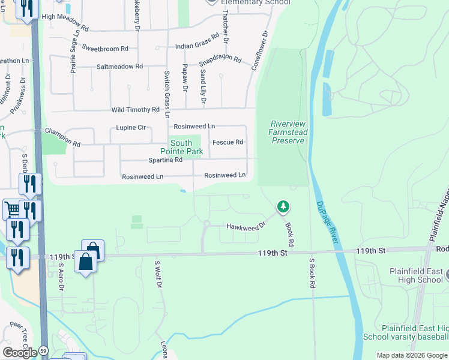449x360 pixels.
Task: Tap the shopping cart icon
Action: pos(11,209)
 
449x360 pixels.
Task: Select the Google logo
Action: pos(20,352)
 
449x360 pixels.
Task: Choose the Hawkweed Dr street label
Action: pos(246,226)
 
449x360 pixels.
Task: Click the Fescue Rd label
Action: pos(228,142)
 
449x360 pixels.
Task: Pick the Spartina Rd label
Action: pos(165,160)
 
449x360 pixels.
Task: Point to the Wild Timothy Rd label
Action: pos(136,110)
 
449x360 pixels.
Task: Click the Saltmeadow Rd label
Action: pos(119,67)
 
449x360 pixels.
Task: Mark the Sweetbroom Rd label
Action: pos(105,48)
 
